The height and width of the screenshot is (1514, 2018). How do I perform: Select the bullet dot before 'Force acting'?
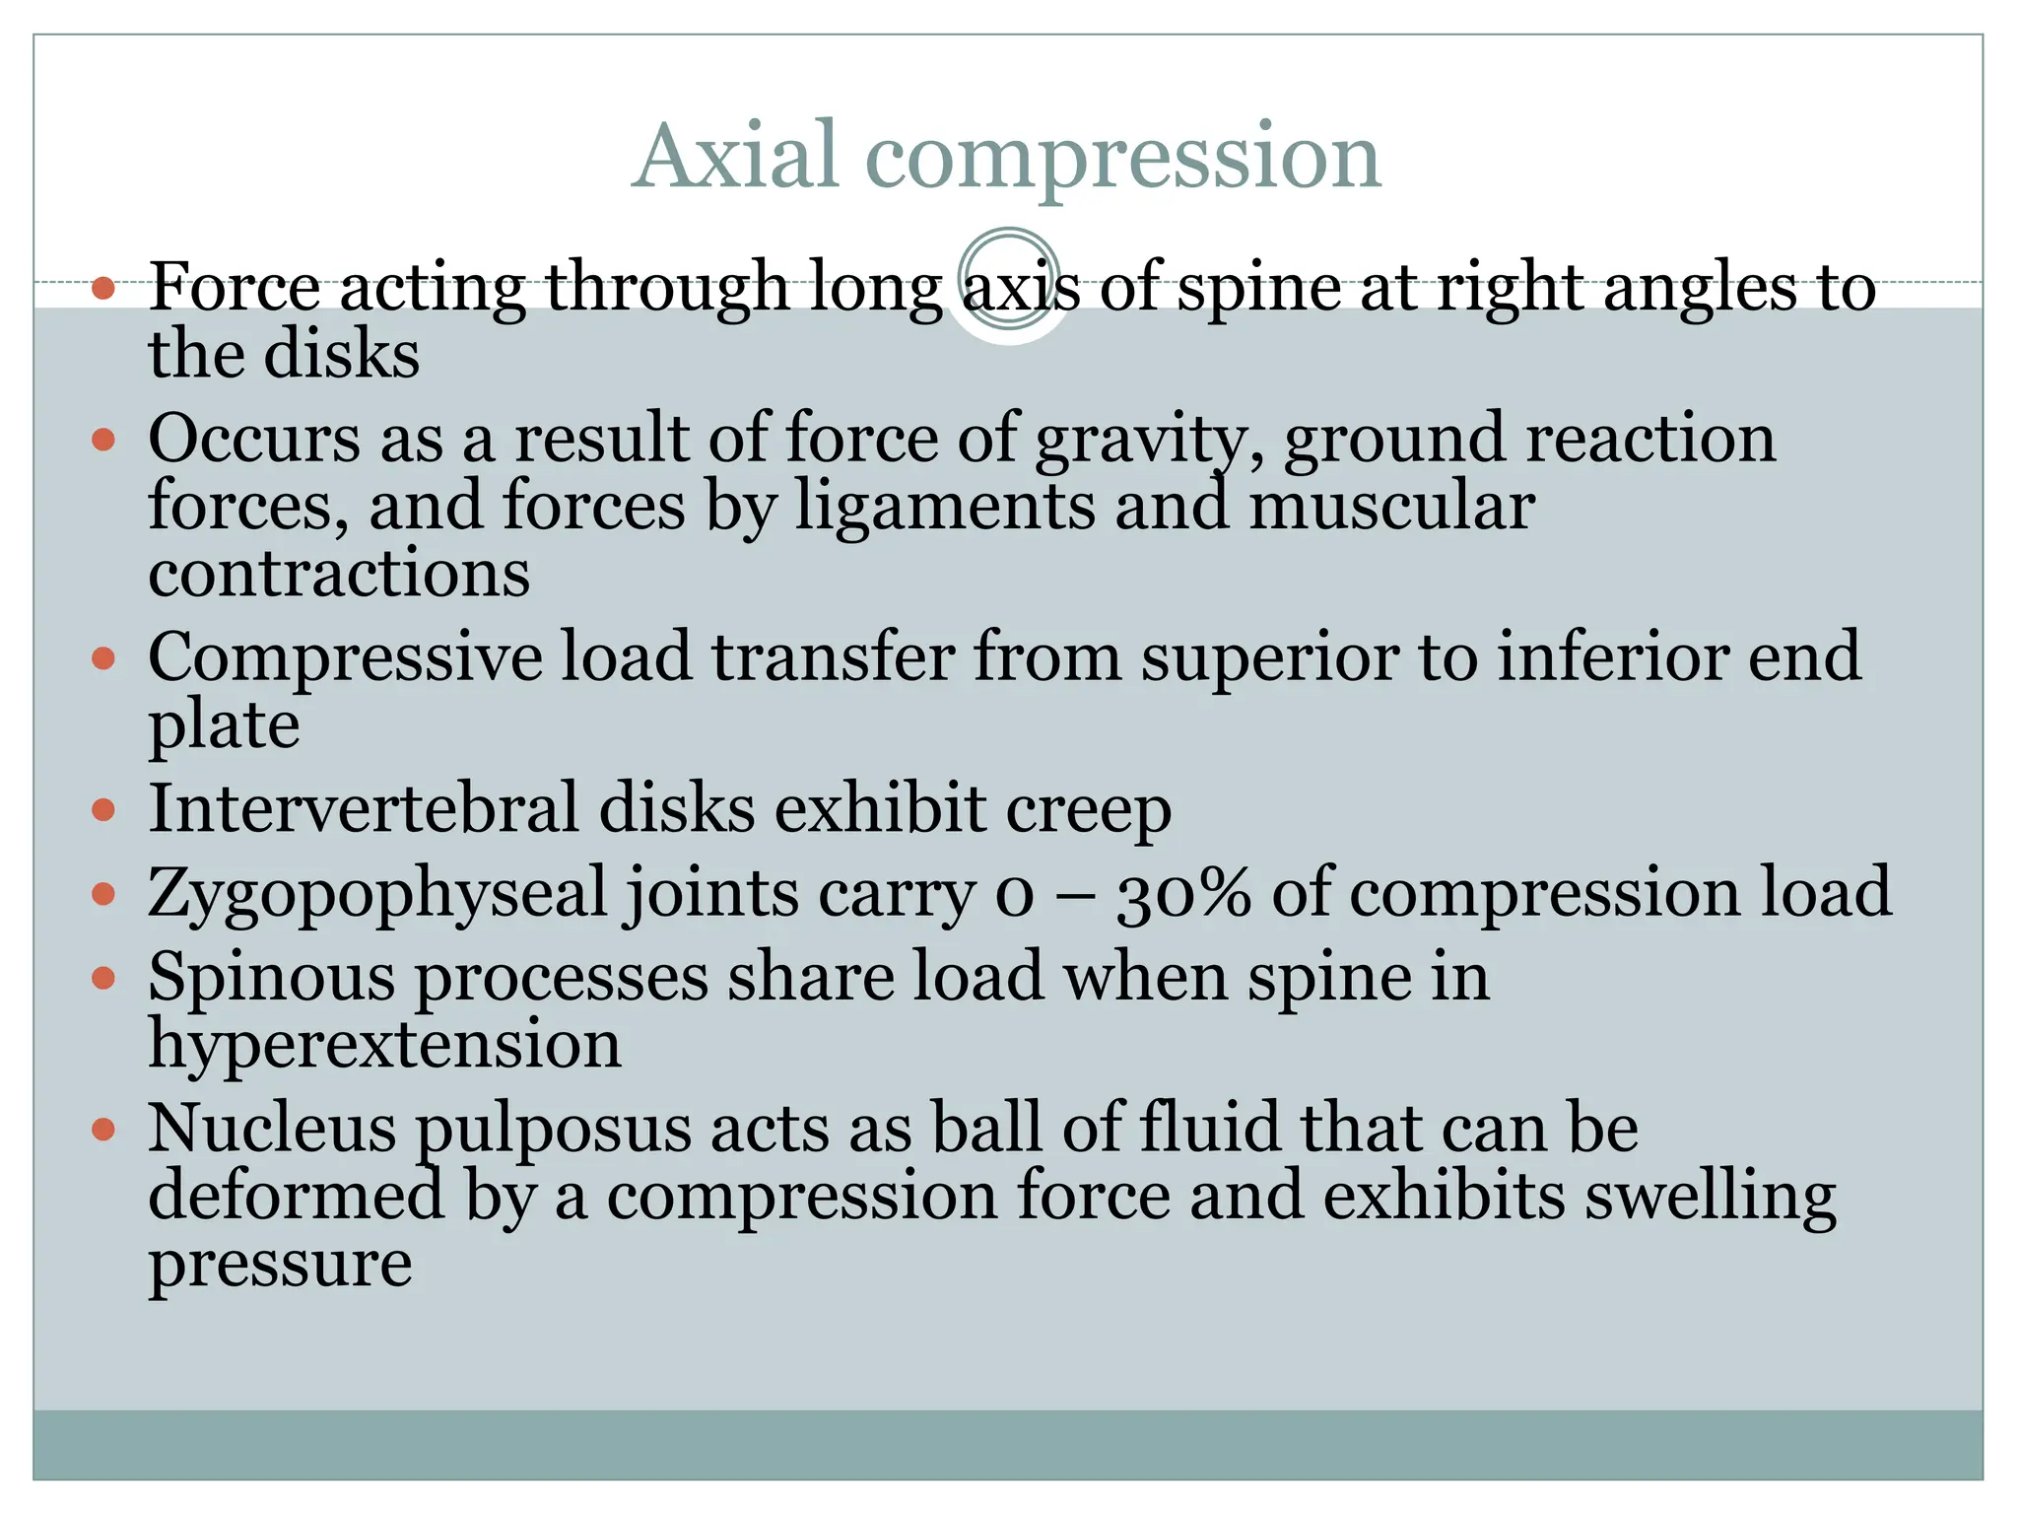pos(103,289)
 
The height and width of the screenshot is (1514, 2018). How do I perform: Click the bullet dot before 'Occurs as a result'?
pos(103,439)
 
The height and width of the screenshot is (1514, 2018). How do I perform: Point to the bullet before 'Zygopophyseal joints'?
pos(103,894)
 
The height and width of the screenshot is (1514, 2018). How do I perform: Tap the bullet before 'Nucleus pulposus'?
pos(103,1129)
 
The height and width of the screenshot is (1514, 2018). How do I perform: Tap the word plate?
pos(224,727)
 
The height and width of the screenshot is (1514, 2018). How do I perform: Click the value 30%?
pos(1183,894)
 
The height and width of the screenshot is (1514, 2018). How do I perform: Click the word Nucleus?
pos(272,1129)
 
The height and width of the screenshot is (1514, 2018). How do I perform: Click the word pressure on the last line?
pos(280,1267)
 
